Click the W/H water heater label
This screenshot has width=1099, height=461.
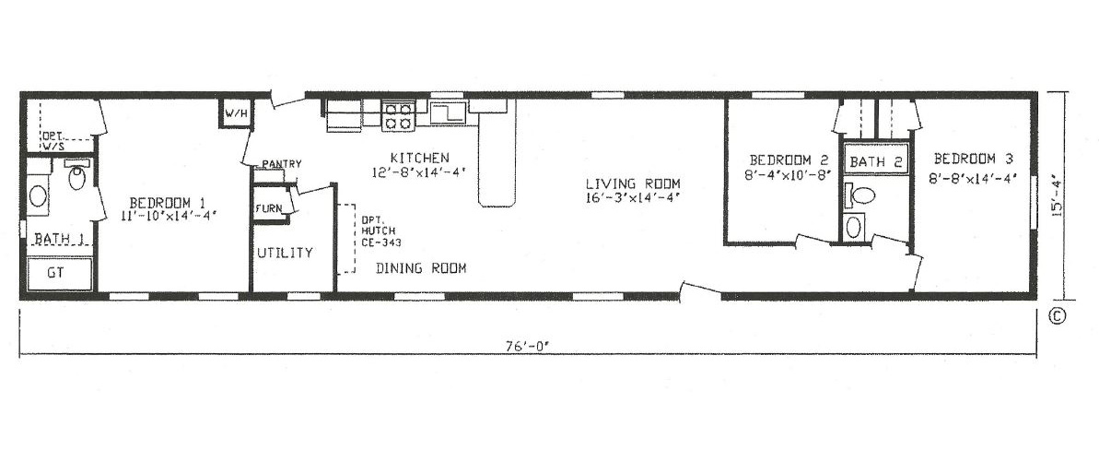(235, 113)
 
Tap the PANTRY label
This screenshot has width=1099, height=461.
(281, 164)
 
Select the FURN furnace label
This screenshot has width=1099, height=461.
(269, 208)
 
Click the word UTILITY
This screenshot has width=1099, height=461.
(285, 253)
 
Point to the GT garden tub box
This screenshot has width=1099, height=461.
(59, 273)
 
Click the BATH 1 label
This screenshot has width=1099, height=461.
(60, 240)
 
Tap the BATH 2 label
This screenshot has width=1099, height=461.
(875, 162)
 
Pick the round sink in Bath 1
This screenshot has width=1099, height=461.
(39, 195)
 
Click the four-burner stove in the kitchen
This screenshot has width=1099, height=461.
(399, 116)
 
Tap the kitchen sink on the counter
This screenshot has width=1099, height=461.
(448, 113)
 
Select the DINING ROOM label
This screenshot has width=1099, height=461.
(420, 269)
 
